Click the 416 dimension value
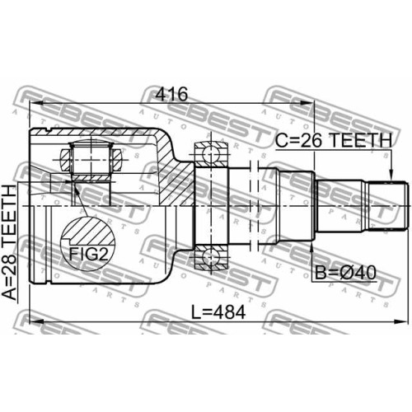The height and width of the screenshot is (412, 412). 171,94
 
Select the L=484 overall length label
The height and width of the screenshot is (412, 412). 218,312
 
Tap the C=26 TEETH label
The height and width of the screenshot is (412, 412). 334,140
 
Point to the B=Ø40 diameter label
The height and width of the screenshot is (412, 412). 345,273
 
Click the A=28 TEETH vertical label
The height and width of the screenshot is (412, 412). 10,242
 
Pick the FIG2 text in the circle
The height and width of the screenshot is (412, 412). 88,254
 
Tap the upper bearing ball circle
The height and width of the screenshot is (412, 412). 211,155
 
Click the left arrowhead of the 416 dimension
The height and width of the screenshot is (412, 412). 35,103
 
